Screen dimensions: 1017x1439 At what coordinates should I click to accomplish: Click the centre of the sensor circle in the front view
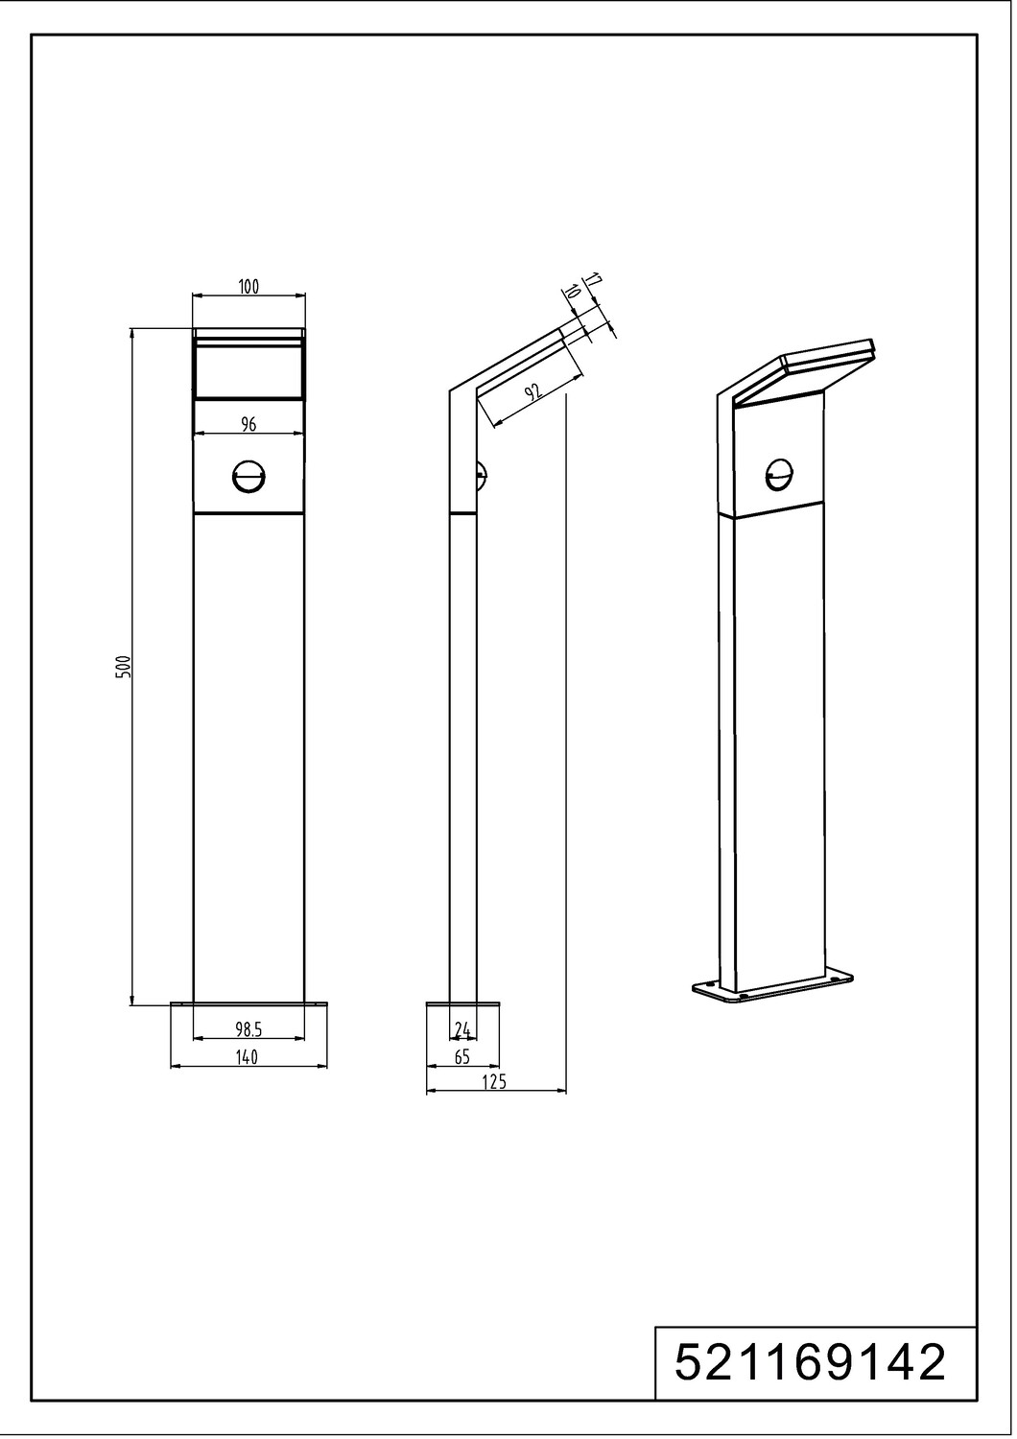tap(249, 478)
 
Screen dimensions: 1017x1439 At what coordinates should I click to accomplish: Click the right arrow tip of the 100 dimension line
tap(305, 295)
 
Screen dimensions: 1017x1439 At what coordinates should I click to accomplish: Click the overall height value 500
tap(126, 668)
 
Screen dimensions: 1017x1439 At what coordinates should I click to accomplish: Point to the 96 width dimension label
tap(248, 423)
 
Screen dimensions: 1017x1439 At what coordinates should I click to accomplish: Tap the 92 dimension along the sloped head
tap(532, 391)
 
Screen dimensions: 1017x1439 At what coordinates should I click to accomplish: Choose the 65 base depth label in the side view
tap(461, 1057)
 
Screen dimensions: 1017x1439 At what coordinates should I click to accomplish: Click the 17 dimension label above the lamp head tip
tap(593, 280)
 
